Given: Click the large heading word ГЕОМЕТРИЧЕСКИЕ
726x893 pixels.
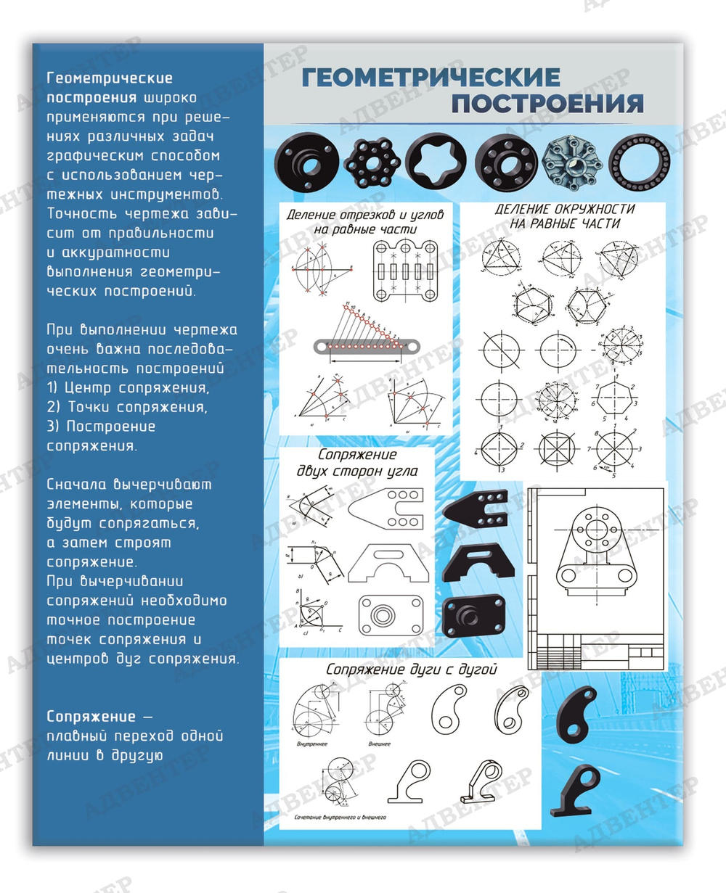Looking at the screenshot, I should pos(431,77).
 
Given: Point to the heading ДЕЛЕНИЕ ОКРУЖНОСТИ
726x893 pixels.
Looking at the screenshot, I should pos(564,209).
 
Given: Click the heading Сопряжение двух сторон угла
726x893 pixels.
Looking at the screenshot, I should pos(357,463).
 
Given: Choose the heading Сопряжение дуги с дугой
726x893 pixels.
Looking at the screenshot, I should pos(411,670).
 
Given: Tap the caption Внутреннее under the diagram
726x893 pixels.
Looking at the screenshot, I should pos(312,744).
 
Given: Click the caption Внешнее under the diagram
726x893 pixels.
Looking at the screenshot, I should pos(379,744).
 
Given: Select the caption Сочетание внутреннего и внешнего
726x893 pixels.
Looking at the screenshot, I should pos(340,818).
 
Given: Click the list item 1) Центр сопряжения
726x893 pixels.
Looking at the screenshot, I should pos(128,387).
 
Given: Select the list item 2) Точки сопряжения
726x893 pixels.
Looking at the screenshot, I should pos(127,407).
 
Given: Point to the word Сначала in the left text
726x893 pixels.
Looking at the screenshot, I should pos(78,485).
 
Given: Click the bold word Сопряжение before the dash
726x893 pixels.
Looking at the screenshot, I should pos(91,717).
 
